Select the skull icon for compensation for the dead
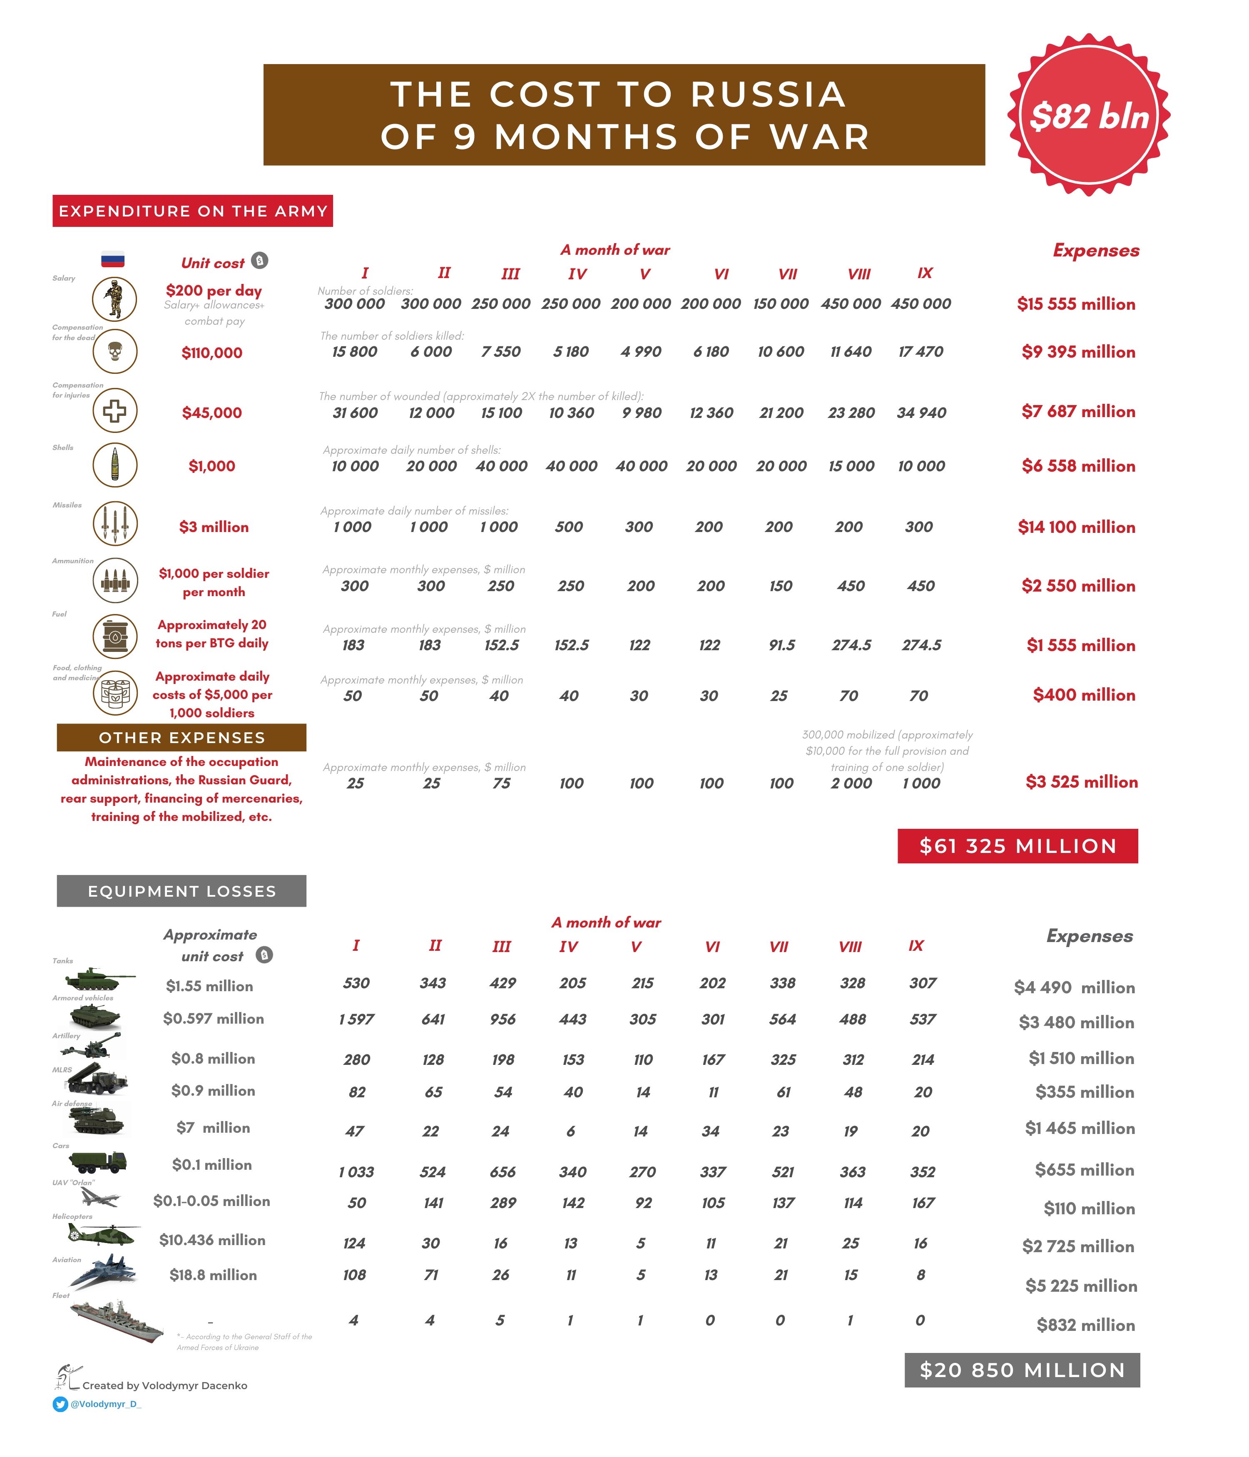tap(114, 351)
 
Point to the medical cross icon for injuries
tap(114, 410)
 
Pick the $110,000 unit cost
tap(211, 353)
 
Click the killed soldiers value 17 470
tap(921, 352)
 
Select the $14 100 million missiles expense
tap(1076, 527)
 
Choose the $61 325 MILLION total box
tap(1017, 846)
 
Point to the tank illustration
tap(98, 978)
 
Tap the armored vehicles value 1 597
tap(356, 1019)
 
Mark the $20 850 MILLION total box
tap(1021, 1370)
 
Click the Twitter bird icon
tap(60, 1404)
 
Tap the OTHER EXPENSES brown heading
tap(182, 738)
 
